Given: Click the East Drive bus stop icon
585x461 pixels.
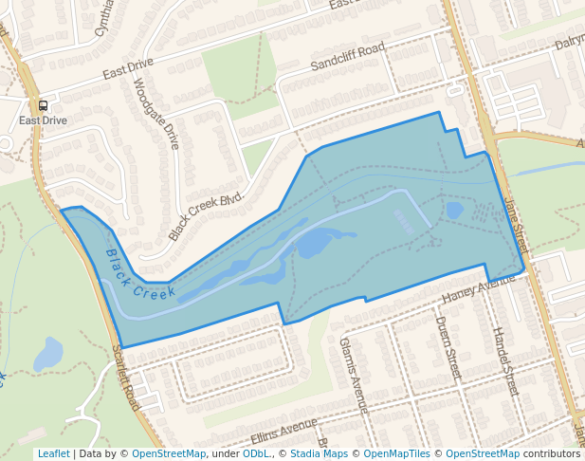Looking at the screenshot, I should pos(43,106).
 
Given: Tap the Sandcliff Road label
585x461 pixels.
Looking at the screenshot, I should pos(347,58).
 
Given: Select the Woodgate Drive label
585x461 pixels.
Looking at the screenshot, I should pos(155,113).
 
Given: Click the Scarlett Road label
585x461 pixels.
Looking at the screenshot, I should pos(126,378).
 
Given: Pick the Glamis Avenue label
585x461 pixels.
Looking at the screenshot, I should pos(353,374).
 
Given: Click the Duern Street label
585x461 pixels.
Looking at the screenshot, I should pos(448,347).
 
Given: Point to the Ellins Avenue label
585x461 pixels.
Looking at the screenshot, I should pos(283,433).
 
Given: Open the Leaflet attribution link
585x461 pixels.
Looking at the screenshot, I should pos(53,453).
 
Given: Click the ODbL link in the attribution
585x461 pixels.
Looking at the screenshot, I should pos(255,453).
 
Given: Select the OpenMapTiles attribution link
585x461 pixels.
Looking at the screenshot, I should pos(396,453).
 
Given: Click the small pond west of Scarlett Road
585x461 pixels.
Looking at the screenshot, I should pos(47,355).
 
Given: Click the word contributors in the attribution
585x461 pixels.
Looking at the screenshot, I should pos(552,453).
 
